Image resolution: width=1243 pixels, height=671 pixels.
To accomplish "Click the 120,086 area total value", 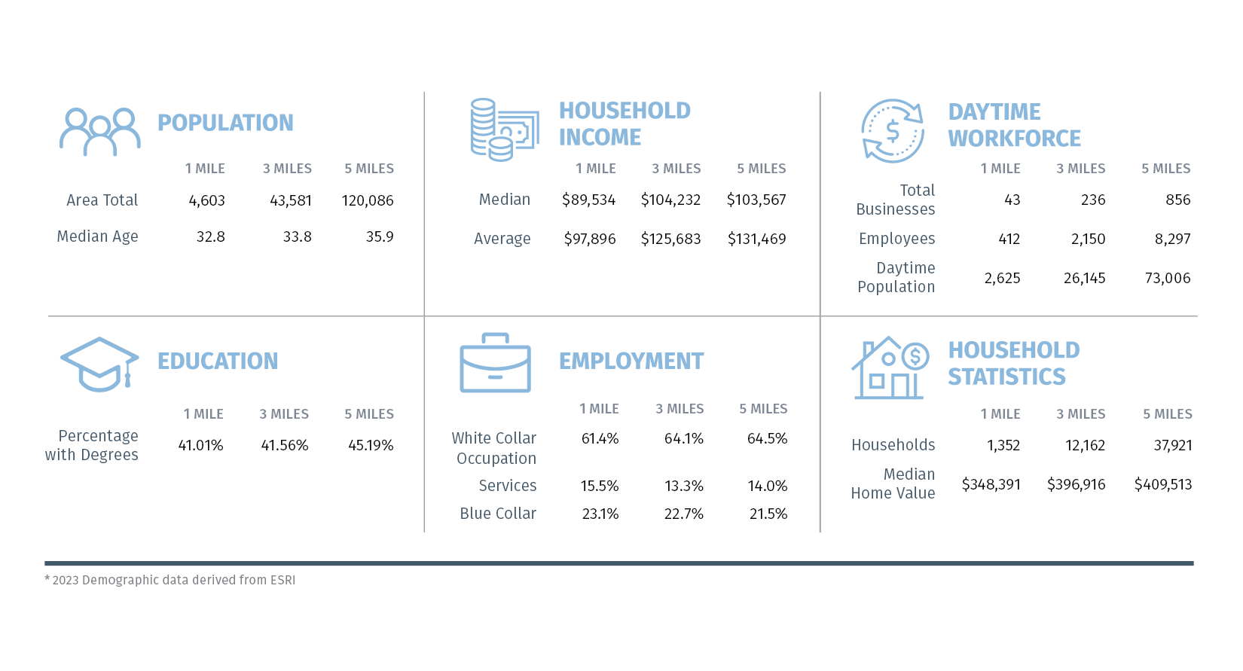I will tap(368, 201).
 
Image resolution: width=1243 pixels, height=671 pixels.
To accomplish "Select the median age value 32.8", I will tap(211, 237).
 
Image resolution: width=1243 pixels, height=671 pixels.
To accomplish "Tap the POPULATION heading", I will tap(225, 123).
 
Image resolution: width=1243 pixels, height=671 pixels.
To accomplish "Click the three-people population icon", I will tap(100, 132).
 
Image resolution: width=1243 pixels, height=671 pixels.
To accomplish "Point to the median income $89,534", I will tap(588, 200).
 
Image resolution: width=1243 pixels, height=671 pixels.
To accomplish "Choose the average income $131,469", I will tap(756, 239).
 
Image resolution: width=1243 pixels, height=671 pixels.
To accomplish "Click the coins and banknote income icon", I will tap(504, 130).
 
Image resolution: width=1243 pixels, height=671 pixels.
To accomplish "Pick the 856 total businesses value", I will tap(1177, 200).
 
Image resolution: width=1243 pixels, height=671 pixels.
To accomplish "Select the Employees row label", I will tap(896, 239).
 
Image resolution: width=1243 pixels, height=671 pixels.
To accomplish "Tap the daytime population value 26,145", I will tap(1084, 279).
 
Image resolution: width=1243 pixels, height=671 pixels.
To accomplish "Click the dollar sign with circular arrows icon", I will tap(893, 131).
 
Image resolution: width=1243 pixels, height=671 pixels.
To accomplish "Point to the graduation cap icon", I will tap(99, 364).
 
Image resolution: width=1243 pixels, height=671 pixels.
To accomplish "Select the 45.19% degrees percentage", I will tap(371, 446).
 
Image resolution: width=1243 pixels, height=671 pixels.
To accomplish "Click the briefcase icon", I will tap(495, 363).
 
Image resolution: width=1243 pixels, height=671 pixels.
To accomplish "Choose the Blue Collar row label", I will tap(498, 514).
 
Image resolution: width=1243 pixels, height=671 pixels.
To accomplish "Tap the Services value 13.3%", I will tap(683, 486).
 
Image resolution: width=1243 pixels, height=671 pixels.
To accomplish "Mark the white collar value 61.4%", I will tap(600, 439).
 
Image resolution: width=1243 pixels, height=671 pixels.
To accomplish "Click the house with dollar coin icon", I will tap(890, 368).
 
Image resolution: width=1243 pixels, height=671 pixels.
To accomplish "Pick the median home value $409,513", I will tap(1163, 485).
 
